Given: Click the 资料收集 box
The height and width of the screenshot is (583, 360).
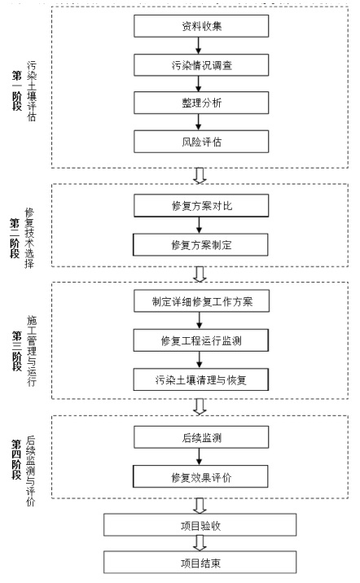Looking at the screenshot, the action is coord(201,26).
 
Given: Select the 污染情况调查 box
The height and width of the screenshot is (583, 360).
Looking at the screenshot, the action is coord(201,65).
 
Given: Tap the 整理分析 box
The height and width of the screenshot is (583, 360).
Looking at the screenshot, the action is coord(201,103).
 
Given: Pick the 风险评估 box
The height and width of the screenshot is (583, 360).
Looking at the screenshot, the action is coord(201,142).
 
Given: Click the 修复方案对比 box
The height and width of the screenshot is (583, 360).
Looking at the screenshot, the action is coord(201,206).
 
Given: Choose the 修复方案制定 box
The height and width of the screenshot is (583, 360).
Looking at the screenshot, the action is coord(201,244).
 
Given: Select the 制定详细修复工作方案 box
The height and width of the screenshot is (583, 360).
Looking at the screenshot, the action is coord(201,301).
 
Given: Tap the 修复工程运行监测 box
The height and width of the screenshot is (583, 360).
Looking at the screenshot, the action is coord(201,340).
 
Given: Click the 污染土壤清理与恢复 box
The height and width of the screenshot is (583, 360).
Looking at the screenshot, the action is coord(201,379).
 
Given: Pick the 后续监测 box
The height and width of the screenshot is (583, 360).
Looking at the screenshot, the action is coord(201,437).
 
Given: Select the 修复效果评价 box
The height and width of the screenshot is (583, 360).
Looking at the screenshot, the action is coord(201,476).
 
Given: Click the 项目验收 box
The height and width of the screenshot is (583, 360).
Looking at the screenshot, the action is coord(200,525).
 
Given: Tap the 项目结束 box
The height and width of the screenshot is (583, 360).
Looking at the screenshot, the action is coord(200,562).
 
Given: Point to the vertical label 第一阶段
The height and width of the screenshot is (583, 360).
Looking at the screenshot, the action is coord(17,90).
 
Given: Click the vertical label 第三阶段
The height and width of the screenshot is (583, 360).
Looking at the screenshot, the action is coord(17,351).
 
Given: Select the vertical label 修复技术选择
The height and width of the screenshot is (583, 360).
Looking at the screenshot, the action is coord(29,239).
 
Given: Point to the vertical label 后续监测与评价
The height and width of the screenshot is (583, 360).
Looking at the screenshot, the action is coord(30,471).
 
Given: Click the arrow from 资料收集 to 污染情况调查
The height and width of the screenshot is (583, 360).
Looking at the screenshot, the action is coord(198,46).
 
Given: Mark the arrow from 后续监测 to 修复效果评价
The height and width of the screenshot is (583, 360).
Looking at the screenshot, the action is coord(200,457).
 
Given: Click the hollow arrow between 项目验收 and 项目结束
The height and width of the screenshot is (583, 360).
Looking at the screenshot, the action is coord(200,544).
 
